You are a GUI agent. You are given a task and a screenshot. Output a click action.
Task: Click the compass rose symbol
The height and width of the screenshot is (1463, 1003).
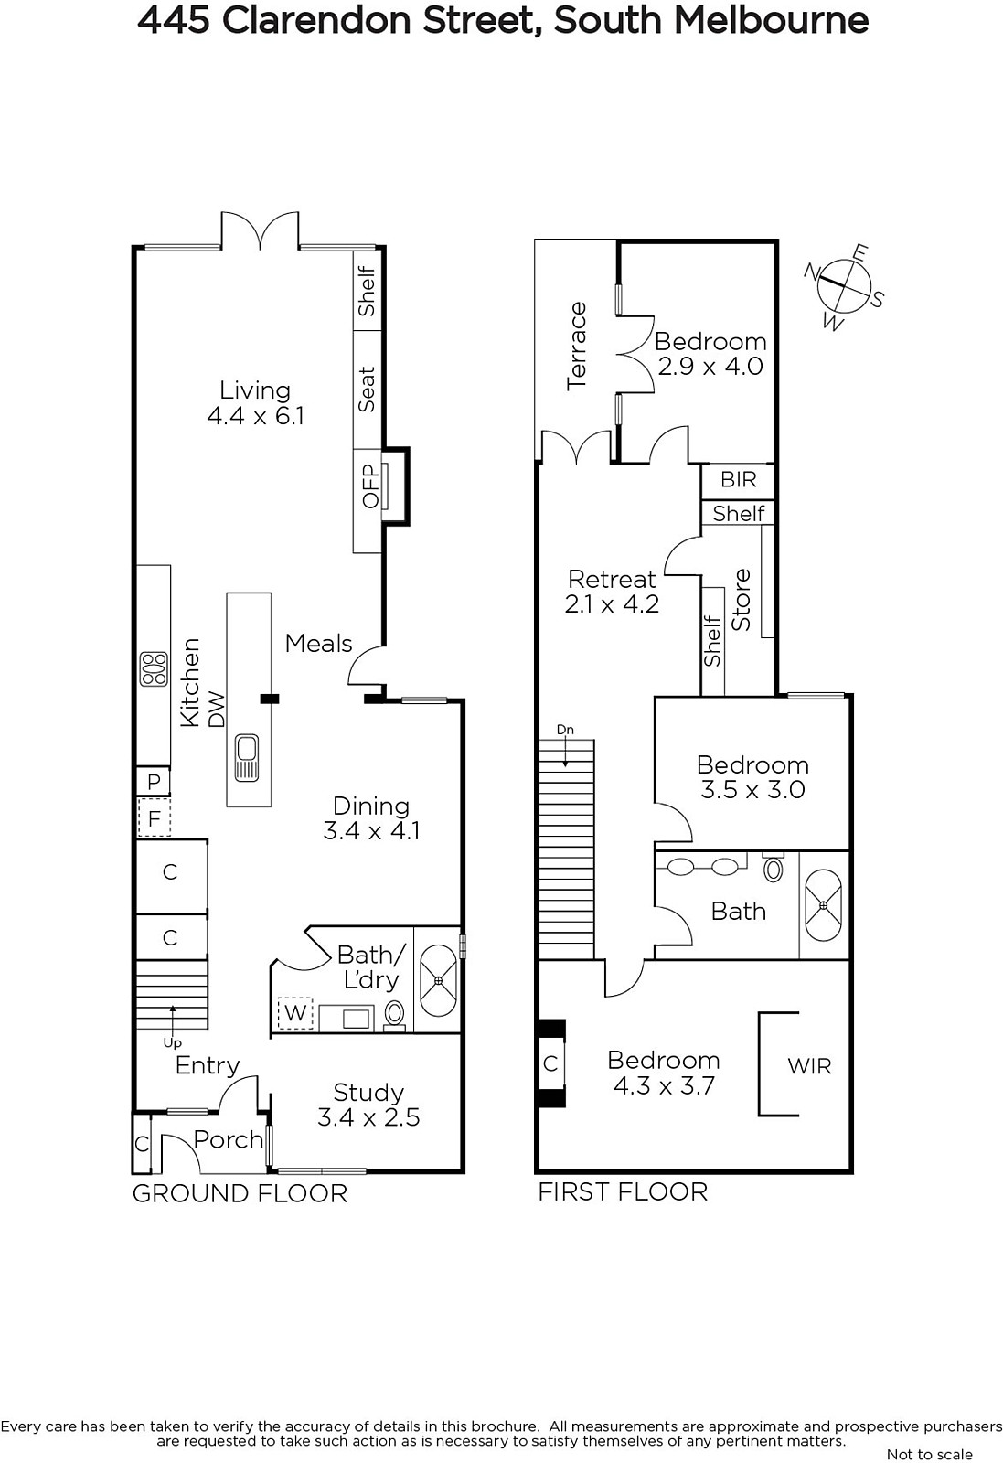844,287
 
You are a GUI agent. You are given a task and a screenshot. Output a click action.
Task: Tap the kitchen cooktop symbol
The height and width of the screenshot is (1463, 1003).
155,669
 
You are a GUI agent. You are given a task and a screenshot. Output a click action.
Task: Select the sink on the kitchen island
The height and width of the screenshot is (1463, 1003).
248,758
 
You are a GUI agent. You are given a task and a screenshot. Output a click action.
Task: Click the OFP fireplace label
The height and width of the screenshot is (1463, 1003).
370,486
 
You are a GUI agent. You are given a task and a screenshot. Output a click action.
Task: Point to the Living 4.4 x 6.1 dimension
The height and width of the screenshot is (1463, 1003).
255,415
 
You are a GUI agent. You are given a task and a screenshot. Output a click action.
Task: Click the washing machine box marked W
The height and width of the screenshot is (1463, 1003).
296,1013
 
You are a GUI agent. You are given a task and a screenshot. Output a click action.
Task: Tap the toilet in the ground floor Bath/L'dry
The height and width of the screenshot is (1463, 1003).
394,1015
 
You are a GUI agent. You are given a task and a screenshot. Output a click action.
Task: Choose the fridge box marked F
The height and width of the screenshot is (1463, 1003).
155,817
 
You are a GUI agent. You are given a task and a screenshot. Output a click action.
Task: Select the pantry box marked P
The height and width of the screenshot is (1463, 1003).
154,781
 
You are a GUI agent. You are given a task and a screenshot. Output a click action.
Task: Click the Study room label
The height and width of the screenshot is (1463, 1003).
368,1092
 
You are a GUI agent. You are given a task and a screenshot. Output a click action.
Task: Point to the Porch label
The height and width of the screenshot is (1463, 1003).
228,1139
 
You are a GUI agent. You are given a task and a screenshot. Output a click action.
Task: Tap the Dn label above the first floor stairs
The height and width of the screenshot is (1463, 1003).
565,730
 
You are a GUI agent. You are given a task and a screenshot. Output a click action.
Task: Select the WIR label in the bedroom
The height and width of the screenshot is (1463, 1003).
809,1066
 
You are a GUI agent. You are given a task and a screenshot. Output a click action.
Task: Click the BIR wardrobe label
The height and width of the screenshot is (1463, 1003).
739,479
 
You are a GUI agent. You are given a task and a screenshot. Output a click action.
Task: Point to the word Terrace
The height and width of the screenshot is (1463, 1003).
577,347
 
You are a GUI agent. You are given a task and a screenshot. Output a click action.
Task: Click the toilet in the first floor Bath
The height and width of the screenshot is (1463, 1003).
774,868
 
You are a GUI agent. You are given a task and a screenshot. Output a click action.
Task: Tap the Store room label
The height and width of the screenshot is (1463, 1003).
741,600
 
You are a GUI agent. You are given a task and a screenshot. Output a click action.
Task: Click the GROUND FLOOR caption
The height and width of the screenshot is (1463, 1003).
240,1194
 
